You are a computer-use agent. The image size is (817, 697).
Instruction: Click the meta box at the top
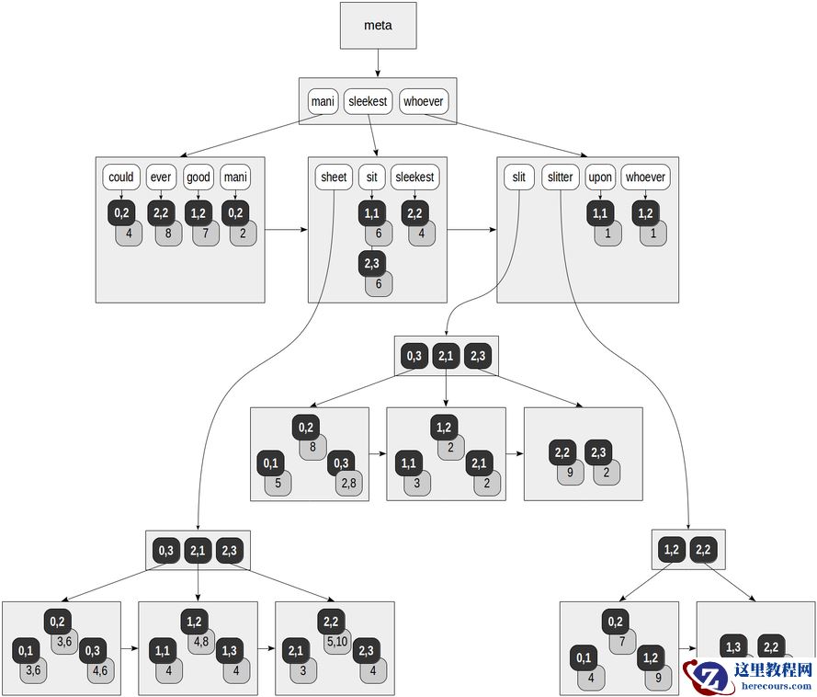[x=378, y=26]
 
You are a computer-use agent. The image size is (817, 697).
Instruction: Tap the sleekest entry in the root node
[x=368, y=101]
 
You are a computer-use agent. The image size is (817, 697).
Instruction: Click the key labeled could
[x=121, y=177]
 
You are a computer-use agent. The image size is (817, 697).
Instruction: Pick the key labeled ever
[x=161, y=177]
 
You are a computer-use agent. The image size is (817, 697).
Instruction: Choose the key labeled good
[x=198, y=177]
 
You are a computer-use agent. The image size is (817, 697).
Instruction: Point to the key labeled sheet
[x=334, y=177]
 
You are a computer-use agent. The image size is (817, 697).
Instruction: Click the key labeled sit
[x=371, y=177]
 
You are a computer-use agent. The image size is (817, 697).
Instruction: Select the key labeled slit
[x=519, y=177]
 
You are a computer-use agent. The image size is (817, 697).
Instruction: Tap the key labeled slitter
[x=560, y=177]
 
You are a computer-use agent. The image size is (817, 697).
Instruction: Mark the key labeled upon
[x=600, y=177]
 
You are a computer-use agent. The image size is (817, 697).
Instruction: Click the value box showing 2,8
[x=349, y=483]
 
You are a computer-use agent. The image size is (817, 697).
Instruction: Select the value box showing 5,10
[x=336, y=641]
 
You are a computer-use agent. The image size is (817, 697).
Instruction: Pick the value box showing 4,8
[x=201, y=641]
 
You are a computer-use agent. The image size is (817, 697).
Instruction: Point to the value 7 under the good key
[x=205, y=234]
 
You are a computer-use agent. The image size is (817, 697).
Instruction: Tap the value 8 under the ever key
[x=168, y=234]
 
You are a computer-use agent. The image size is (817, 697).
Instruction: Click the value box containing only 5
[x=278, y=483]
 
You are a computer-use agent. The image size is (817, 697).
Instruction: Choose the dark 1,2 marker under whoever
[x=645, y=213]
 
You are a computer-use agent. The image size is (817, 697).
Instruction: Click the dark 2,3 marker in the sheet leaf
[x=371, y=264]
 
